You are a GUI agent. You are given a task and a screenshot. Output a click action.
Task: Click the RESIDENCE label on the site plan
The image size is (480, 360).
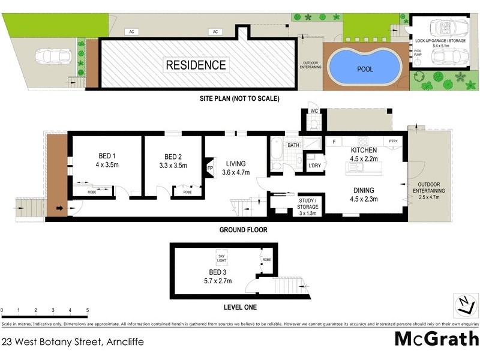click(x=196, y=65)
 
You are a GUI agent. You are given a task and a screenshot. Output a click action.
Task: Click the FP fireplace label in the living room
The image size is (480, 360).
click(x=209, y=168)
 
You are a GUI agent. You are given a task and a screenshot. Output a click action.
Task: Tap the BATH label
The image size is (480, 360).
click(x=293, y=145)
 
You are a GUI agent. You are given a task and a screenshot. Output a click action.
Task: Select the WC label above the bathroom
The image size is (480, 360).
click(x=313, y=112)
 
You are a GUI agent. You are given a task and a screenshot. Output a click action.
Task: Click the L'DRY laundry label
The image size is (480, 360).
click(x=314, y=165)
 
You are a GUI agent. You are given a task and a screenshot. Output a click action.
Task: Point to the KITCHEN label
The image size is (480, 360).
click(x=364, y=150)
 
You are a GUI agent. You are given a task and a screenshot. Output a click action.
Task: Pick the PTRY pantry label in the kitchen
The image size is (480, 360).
click(x=393, y=141)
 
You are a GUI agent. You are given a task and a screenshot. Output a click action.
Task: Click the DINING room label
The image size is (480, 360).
click(x=364, y=192)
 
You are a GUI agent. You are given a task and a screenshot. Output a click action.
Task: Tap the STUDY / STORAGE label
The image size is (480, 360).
click(x=307, y=204)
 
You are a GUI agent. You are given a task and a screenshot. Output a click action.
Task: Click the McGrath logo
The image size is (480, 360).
click(x=436, y=339)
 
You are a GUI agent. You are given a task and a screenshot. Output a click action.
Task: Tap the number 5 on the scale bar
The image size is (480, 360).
click(x=88, y=310)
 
